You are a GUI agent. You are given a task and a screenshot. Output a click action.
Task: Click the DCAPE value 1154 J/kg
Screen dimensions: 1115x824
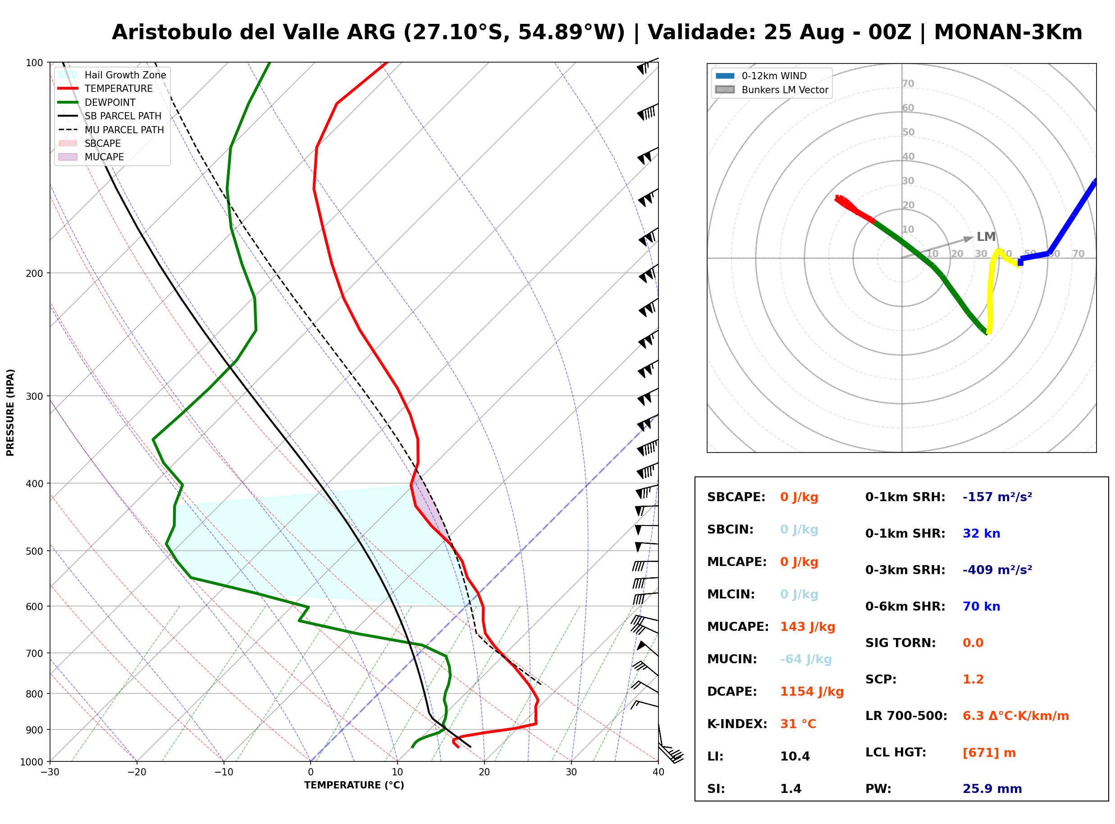tap(812, 691)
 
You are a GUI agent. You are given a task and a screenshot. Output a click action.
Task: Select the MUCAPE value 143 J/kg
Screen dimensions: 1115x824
tap(808, 626)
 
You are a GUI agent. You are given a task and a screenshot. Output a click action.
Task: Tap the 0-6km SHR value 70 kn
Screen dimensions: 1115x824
tap(981, 606)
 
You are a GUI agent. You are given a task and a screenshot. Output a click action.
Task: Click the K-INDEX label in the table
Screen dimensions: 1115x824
tap(737, 724)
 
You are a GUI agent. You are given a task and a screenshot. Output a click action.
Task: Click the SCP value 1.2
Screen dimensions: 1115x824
tap(973, 679)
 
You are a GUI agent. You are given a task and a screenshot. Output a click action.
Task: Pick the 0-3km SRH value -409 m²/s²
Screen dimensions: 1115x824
tap(997, 570)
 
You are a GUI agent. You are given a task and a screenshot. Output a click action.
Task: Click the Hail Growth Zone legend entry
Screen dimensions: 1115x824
tap(112, 75)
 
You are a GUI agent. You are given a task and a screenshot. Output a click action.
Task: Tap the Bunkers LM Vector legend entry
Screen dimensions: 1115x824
tap(772, 90)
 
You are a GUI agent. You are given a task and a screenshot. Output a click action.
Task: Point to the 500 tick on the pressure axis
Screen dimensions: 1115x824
tap(36, 551)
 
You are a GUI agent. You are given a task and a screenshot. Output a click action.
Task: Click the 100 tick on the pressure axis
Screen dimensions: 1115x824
tap(36, 62)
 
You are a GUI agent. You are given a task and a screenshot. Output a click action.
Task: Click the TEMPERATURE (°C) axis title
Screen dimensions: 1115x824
tap(354, 785)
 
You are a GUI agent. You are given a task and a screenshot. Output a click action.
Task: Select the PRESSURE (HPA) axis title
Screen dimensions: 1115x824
tap(10, 412)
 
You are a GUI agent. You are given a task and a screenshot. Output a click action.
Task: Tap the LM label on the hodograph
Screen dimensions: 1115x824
tap(986, 236)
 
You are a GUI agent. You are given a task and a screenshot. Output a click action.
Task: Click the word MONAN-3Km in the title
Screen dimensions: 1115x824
tap(1008, 32)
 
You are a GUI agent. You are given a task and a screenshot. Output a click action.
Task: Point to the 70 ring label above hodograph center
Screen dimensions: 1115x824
tap(908, 83)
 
